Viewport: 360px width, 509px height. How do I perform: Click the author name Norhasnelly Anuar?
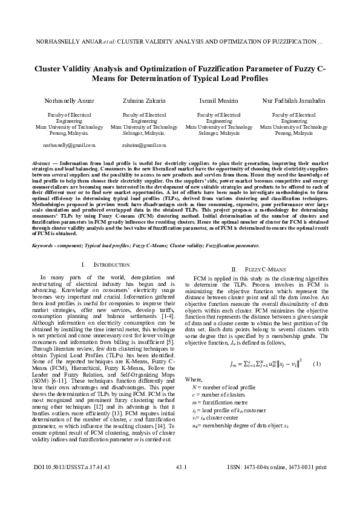69,100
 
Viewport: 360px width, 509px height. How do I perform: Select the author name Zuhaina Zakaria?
144,100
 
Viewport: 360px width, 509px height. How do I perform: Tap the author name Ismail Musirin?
218,100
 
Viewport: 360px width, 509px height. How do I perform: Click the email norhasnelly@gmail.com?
69,146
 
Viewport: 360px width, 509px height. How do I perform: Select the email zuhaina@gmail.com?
144,146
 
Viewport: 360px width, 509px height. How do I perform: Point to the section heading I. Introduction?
105,265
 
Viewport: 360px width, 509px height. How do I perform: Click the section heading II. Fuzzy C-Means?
254,268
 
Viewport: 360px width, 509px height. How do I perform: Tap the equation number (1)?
316,363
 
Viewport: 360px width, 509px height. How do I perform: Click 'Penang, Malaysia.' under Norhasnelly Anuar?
69,134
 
